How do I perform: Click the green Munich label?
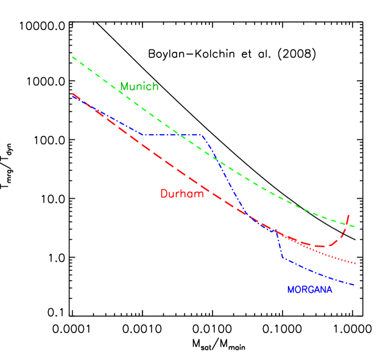[139, 86]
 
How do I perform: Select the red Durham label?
[181, 194]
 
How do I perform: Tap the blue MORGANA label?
[309, 290]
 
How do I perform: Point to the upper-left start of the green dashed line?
[72, 57]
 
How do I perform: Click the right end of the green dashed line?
[354, 227]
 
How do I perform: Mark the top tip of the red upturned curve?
[348, 214]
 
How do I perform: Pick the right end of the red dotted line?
[354, 263]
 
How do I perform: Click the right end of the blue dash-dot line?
[354, 284]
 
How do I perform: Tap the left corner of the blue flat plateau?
[142, 135]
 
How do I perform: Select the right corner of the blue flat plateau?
[201, 135]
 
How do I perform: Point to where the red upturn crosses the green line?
[345, 224]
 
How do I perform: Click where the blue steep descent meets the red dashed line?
[248, 216]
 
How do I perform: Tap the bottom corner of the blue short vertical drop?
[283, 258]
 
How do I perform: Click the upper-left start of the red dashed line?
[72, 94]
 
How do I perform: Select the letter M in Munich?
[124, 86]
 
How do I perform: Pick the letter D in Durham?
[163, 194]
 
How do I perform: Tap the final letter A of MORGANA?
[329, 290]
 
